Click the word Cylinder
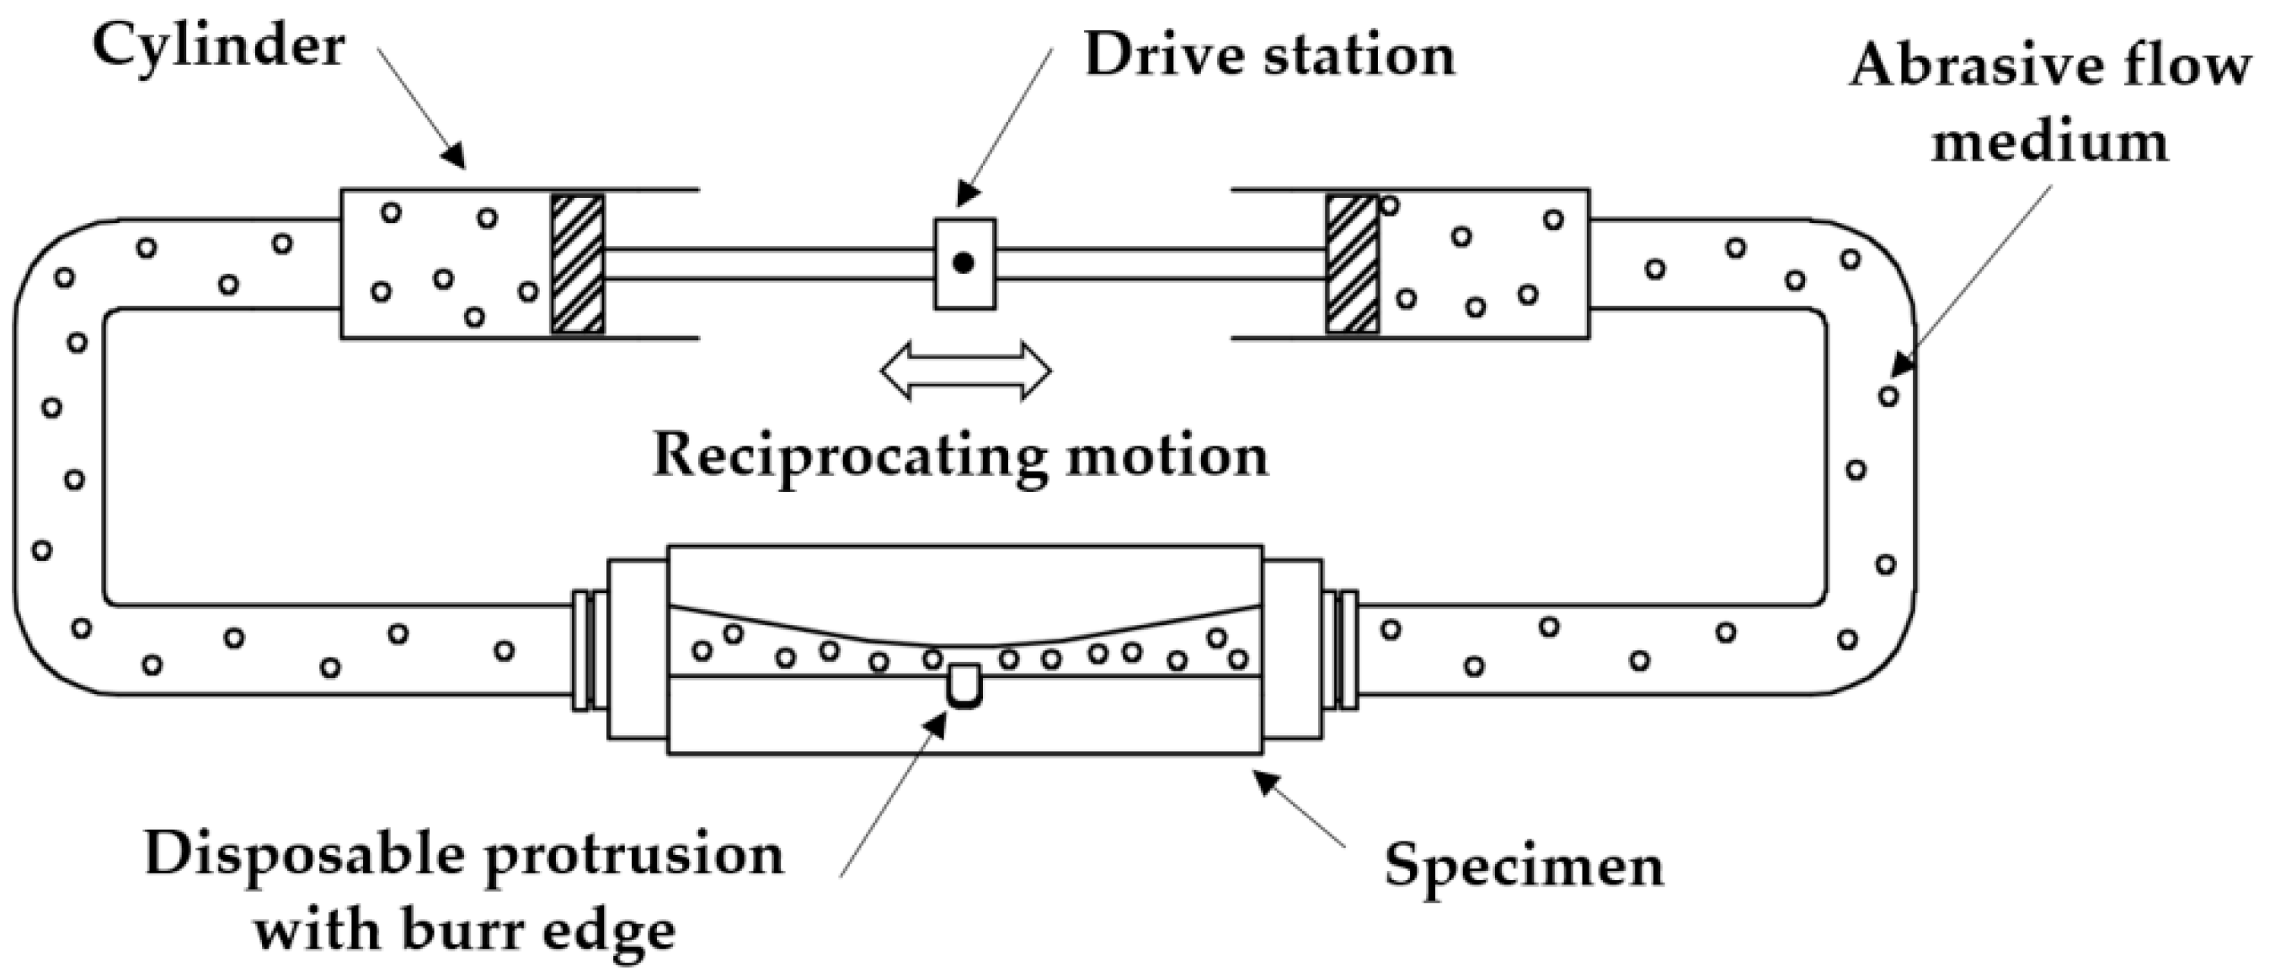pyautogui.click(x=218, y=46)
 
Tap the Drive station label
pyautogui.click(x=1269, y=55)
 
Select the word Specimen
pyautogui.click(x=1524, y=865)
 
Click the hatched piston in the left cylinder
pyautogui.click(x=579, y=264)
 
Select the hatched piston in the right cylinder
pyautogui.click(x=1352, y=264)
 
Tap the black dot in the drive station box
pyautogui.click(x=964, y=263)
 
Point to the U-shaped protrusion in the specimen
pyautogui.click(x=964, y=686)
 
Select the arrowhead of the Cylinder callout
pyautogui.click(x=455, y=159)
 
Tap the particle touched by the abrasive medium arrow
pyautogui.click(x=1888, y=396)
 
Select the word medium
pyautogui.click(x=2050, y=141)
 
